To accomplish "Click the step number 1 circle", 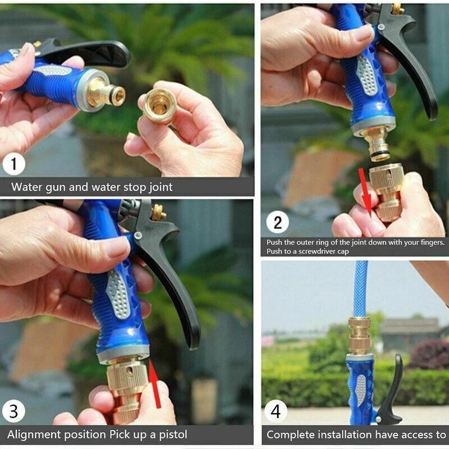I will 13,165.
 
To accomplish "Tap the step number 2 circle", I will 277,222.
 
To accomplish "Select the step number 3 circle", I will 13,411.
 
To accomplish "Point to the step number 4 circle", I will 276,412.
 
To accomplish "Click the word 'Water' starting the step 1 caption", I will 26,187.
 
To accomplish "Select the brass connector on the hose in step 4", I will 359,335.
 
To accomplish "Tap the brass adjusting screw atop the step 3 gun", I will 159,212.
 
